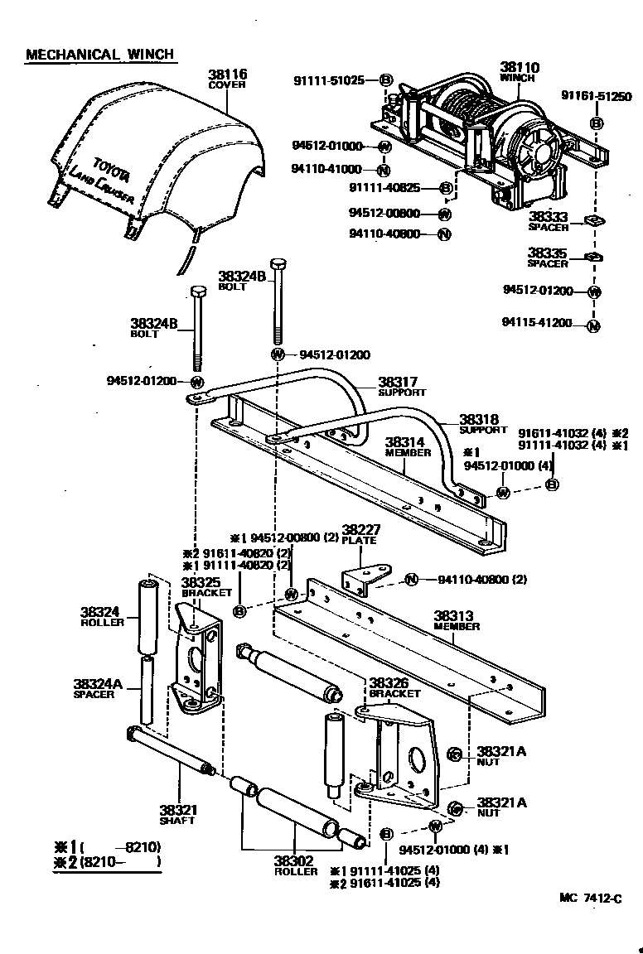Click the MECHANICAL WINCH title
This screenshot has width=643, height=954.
coord(99,55)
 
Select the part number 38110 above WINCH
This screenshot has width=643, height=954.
coord(518,67)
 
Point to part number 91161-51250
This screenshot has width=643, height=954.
coord(596,97)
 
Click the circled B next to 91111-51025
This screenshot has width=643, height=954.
coord(385,80)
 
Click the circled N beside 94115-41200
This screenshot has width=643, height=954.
coord(593,325)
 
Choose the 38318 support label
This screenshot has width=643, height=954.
coord(482,420)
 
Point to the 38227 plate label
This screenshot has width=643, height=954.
coord(360,530)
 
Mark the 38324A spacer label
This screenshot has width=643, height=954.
coord(98,684)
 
